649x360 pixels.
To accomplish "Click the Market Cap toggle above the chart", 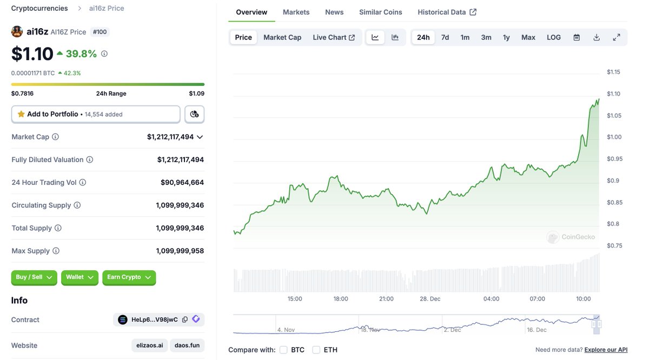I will click(x=282, y=37).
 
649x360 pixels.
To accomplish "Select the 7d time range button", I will click(x=445, y=37).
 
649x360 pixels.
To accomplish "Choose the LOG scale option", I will click(x=553, y=37).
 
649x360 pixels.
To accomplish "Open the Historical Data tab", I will click(x=447, y=12).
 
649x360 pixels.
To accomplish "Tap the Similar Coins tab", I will click(x=380, y=12).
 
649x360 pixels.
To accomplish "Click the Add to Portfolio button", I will click(x=96, y=114).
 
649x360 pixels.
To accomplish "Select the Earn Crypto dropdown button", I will click(x=129, y=277).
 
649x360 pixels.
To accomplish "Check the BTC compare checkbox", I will click(x=283, y=350).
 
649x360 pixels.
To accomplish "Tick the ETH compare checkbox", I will click(x=316, y=350).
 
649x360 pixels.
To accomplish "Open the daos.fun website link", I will click(x=187, y=345).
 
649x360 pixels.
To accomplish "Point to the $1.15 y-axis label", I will click(x=613, y=72).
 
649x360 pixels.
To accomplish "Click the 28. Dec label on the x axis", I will click(x=431, y=298).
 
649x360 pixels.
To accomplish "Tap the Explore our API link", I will click(x=606, y=350).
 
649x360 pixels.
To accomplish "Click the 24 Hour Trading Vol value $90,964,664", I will click(x=182, y=183).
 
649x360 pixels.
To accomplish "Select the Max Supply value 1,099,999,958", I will click(x=180, y=251).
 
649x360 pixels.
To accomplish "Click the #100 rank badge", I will click(x=100, y=32).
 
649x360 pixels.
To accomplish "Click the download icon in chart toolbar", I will click(x=597, y=37).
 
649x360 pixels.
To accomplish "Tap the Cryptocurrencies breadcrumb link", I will click(x=39, y=8).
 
